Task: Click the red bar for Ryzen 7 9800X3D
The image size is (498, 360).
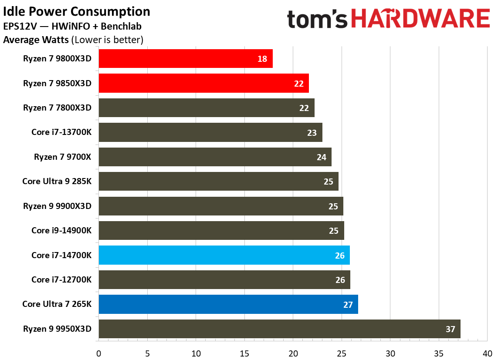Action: [186, 59]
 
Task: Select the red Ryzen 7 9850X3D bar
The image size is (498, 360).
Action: [203, 83]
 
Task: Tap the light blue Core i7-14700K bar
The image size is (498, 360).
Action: [224, 255]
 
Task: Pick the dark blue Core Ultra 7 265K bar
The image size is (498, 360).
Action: [228, 304]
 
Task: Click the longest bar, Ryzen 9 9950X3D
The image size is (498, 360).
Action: [279, 329]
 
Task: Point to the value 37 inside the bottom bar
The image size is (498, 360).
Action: [450, 329]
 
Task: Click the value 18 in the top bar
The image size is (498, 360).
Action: [262, 59]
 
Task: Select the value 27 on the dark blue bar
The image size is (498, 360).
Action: [348, 305]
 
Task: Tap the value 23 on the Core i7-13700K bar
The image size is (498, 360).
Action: [312, 133]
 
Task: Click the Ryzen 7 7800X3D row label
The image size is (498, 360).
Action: [57, 108]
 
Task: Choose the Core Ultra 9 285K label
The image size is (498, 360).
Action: [57, 182]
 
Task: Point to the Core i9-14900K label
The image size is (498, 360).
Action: [61, 231]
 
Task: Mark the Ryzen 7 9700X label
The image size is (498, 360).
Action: [62, 157]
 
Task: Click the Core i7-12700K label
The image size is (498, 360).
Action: [61, 280]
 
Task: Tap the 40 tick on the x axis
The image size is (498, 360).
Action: [487, 353]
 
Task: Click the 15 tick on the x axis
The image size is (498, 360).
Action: [244, 353]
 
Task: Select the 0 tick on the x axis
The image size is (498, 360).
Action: [99, 353]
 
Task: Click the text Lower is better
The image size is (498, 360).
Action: [109, 40]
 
